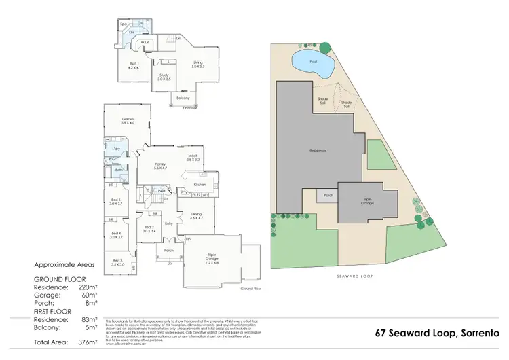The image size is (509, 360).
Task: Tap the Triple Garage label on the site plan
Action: (x=368, y=202)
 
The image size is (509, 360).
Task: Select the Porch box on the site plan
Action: (x=328, y=195)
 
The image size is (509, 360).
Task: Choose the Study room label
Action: (x=164, y=77)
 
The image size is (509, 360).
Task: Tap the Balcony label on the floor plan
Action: (x=183, y=98)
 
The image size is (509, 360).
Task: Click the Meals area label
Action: (x=193, y=157)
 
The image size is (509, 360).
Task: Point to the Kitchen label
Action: (x=200, y=184)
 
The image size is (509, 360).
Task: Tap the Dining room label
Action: (x=196, y=215)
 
